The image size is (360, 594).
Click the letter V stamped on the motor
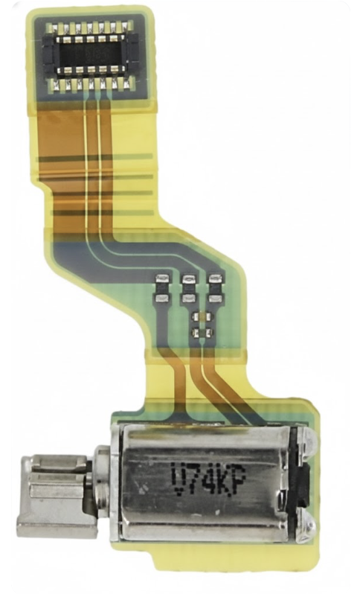point(179,479)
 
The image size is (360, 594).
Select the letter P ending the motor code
point(239,479)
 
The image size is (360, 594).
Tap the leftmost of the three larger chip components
point(163,289)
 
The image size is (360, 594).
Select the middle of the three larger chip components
point(188,289)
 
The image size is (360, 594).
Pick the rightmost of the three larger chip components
point(215,289)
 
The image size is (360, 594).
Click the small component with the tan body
point(202,316)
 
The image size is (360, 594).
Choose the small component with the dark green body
point(202,333)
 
